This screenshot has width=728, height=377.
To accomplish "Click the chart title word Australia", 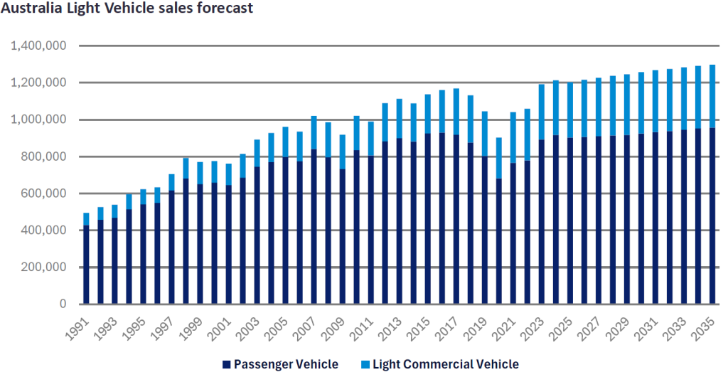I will tap(33, 10).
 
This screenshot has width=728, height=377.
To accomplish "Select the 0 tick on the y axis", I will tap(63, 304).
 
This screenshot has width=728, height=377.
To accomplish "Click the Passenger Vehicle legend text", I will tap(286, 365).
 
